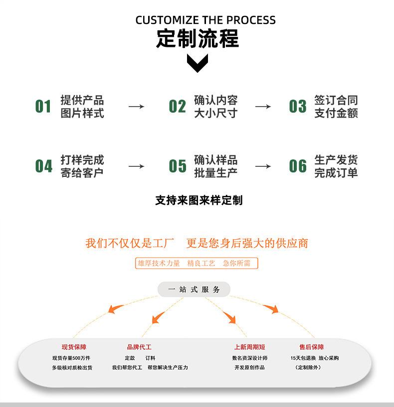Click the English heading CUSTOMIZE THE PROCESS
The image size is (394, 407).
tap(205, 20)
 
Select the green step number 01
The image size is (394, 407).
tap(43, 107)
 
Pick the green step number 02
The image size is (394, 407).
tap(177, 107)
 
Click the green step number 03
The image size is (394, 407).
tap(298, 107)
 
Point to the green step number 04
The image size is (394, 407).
tap(43, 166)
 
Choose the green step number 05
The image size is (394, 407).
tap(177, 166)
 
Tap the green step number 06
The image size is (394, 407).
tap(298, 166)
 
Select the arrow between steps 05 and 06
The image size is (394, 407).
tap(263, 166)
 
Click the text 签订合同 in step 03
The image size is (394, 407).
tap(336, 100)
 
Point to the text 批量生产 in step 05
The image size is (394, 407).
tap(215, 173)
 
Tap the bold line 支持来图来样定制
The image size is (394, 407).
tap(198, 200)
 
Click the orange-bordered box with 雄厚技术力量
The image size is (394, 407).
tap(197, 263)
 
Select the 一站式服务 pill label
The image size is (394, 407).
tap(194, 289)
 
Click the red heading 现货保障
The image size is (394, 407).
tap(74, 347)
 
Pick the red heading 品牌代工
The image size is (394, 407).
tap(139, 347)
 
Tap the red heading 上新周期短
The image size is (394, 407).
tap(250, 347)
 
